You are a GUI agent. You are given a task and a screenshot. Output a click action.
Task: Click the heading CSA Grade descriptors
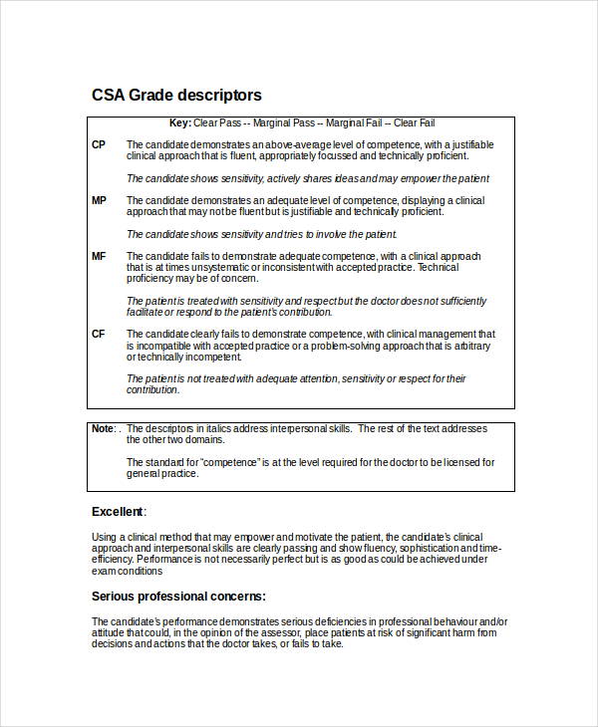176,96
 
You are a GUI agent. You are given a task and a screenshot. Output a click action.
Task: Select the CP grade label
99,145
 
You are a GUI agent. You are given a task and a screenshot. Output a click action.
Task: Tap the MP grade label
99,201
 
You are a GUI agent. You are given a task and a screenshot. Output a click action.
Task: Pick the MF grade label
99,257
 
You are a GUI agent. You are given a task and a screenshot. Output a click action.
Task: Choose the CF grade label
99,335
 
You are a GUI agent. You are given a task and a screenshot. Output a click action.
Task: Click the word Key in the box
179,123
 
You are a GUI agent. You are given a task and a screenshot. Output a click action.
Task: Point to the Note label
103,428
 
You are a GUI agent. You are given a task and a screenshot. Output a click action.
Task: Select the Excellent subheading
118,512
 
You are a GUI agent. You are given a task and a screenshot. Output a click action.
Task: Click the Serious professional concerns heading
178,597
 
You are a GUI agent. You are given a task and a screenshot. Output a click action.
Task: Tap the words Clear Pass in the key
217,123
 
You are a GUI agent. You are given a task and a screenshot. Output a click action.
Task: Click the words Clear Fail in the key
414,123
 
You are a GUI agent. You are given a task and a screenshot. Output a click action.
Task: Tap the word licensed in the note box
451,462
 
